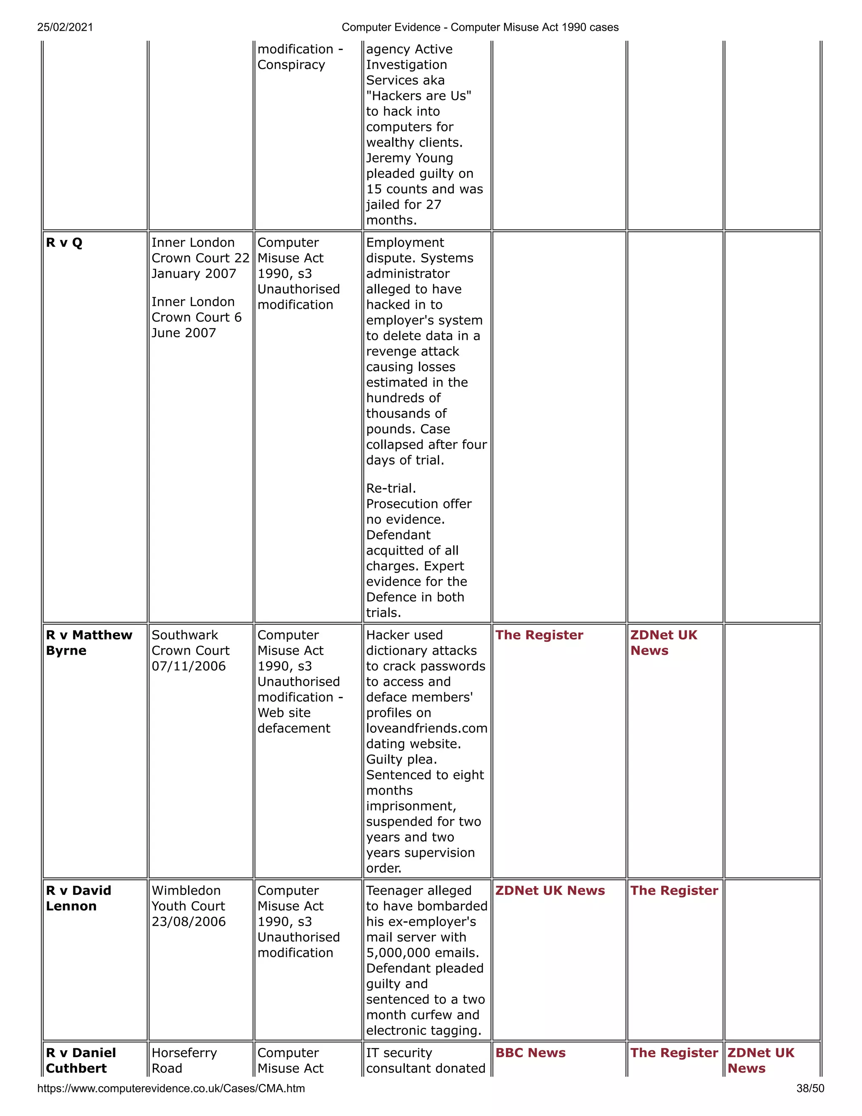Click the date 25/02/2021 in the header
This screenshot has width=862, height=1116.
(65, 27)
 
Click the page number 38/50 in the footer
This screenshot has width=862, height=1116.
(810, 1088)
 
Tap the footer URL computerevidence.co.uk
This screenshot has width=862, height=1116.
(170, 1088)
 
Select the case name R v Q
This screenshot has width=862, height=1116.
(64, 243)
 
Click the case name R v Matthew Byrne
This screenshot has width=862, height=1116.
(89, 643)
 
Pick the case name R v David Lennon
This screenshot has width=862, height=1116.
(78, 898)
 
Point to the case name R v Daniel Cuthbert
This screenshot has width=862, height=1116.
(81, 1060)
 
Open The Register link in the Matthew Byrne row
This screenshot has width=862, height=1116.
(539, 635)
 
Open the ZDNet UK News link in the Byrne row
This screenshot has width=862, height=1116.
(663, 643)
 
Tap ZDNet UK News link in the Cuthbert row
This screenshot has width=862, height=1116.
(761, 1060)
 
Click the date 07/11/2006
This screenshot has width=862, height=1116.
(189, 666)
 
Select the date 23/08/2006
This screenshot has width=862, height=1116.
(189, 922)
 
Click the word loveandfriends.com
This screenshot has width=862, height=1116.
(426, 728)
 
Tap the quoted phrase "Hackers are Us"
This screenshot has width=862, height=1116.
(418, 96)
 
